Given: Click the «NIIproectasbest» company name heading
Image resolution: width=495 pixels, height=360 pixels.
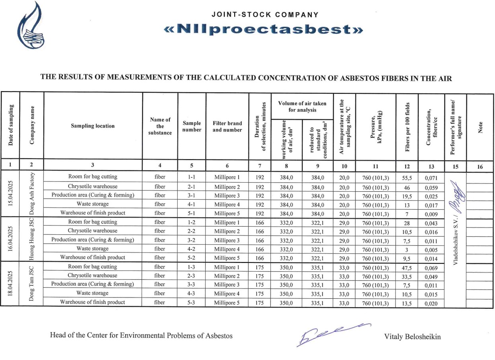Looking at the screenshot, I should point(264,29).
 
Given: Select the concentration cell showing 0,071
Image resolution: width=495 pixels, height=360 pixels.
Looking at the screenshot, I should point(431,178).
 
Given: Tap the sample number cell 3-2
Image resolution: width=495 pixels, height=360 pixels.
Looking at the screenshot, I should point(191,240).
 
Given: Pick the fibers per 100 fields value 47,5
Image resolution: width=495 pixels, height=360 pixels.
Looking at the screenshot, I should point(407,267).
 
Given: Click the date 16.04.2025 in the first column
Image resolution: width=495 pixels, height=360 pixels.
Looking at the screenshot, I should point(10,239).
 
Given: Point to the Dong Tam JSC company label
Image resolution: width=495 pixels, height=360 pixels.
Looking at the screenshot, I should point(31,283).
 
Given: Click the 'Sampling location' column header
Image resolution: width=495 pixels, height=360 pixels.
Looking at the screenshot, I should point(93,126).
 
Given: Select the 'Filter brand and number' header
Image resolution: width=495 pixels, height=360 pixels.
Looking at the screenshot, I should point(227,126).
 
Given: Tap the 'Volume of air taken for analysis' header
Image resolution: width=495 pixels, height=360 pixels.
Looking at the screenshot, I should point(302,106).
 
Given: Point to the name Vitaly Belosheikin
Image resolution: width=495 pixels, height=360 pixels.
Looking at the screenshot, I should point(412,337).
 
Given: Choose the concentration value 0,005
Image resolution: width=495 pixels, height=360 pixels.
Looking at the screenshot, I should point(431,250).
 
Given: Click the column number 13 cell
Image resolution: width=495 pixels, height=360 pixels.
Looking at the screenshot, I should point(431,166).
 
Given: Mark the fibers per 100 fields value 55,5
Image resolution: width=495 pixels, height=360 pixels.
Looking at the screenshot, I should point(407,178).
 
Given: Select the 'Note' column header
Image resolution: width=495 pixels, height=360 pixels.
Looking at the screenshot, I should point(479,126).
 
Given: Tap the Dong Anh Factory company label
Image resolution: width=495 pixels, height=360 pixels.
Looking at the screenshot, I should point(31,193).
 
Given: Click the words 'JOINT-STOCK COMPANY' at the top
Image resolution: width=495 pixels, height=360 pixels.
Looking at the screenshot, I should point(265,15).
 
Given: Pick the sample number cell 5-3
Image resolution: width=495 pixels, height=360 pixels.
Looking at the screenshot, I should point(191,302).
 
